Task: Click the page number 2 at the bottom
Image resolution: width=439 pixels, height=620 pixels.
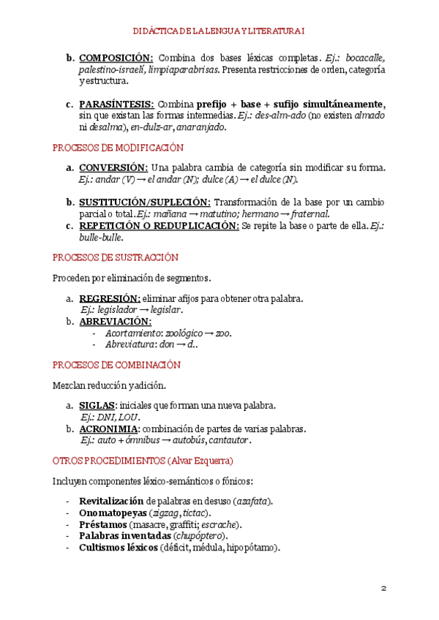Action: [x=383, y=589]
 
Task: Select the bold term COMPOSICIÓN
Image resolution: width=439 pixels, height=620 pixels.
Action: [x=116, y=58]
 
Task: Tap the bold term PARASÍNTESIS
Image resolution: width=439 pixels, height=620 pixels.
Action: [x=116, y=104]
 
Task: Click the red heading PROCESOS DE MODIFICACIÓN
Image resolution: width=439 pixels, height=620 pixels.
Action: [x=118, y=148]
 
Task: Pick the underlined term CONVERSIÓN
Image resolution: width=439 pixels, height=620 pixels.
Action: [x=113, y=167]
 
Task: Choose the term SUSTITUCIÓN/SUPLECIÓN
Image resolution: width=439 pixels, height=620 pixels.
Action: [x=145, y=202]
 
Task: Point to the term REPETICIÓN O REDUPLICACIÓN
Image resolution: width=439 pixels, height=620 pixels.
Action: [x=159, y=226]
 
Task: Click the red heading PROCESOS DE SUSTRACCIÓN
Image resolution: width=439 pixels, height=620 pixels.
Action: [x=116, y=257]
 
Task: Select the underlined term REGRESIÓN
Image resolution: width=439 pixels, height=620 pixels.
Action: [x=109, y=298]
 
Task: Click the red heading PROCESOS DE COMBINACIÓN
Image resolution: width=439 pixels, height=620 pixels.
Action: [x=116, y=365]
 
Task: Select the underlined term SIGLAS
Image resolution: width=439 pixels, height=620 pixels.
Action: [x=97, y=406]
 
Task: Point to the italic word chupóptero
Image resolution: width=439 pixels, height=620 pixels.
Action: [x=197, y=536]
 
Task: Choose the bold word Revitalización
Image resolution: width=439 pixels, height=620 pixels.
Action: [x=112, y=502]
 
